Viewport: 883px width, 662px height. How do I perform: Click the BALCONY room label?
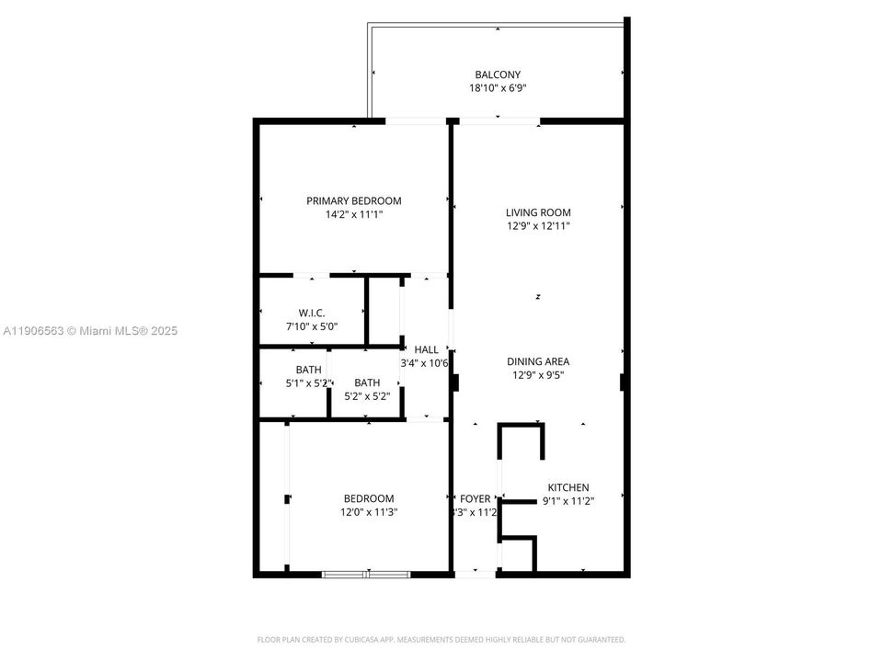(x=498, y=74)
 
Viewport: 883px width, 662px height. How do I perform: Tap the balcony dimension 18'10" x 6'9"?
(x=498, y=88)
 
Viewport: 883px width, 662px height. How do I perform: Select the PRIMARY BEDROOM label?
(x=354, y=200)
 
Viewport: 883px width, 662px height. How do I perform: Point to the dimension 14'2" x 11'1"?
(x=354, y=214)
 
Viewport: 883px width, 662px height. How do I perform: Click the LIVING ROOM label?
(x=538, y=212)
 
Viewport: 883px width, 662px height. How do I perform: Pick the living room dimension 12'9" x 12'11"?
(x=538, y=225)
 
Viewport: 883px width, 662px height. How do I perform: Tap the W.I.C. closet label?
(x=312, y=314)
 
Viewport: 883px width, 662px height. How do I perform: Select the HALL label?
(x=426, y=349)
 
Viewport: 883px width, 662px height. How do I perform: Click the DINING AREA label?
(x=538, y=361)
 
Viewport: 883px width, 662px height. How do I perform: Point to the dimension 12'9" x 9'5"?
(x=538, y=374)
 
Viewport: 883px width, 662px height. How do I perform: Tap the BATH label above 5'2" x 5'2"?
(x=367, y=382)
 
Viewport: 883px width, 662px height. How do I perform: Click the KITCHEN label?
(x=568, y=487)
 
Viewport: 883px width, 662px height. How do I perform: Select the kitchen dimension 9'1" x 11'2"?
(x=568, y=501)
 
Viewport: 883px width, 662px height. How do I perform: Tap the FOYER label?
(x=475, y=498)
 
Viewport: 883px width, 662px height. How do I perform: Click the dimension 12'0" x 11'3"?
(x=369, y=512)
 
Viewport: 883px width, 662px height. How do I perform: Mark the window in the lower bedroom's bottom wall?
(x=366, y=575)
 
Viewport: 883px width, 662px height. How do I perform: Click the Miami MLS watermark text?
(x=90, y=331)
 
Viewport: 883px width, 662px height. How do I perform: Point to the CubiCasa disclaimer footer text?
(x=441, y=639)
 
